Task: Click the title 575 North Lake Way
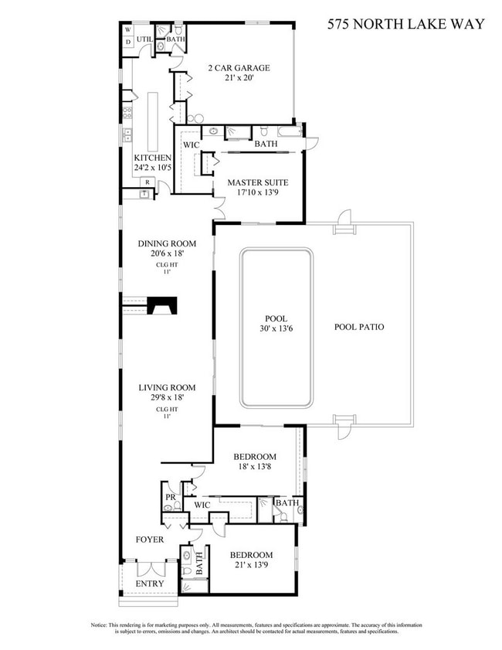click(405, 24)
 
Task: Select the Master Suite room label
click(257, 183)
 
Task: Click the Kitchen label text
click(151, 158)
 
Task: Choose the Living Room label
click(167, 388)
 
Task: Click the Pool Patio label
click(359, 327)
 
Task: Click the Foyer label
click(150, 539)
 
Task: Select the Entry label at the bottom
click(151, 583)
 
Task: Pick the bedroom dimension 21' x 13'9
click(251, 567)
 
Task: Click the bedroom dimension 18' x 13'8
click(255, 468)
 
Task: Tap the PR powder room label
click(169, 497)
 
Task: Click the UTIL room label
click(144, 38)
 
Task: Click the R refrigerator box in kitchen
click(148, 182)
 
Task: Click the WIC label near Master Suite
click(191, 144)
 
